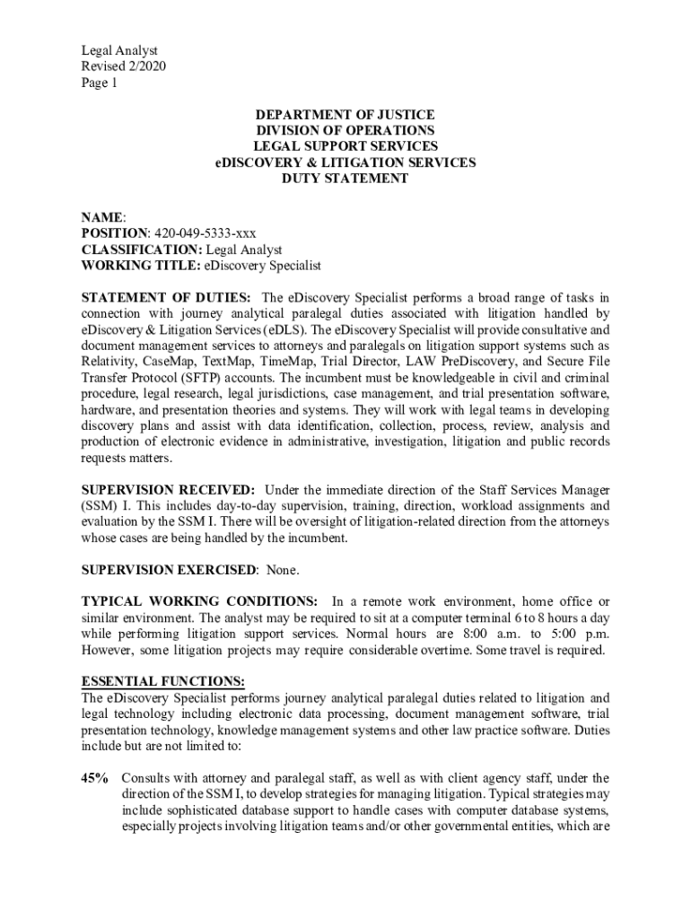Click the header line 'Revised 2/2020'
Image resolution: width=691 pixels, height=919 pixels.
pyautogui.click(x=123, y=67)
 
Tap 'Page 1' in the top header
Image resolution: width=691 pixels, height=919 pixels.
pyautogui.click(x=99, y=83)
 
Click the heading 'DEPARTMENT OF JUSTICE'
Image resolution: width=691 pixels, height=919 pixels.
pyautogui.click(x=345, y=115)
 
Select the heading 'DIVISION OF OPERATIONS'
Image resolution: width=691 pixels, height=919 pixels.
pyautogui.click(x=345, y=131)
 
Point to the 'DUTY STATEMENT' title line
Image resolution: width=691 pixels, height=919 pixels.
pyautogui.click(x=345, y=179)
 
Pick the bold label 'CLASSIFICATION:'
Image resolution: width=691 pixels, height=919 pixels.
pyautogui.click(x=142, y=249)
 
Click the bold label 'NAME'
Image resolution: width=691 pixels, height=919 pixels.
pyautogui.click(x=102, y=217)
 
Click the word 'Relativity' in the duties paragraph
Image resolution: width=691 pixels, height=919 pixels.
pyautogui.click(x=109, y=362)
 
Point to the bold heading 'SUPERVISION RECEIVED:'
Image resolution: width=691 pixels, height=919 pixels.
pyautogui.click(x=168, y=490)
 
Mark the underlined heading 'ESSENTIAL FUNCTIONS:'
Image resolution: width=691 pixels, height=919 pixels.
pyautogui.click(x=162, y=682)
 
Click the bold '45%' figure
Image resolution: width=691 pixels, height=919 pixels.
pyautogui.click(x=95, y=778)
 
